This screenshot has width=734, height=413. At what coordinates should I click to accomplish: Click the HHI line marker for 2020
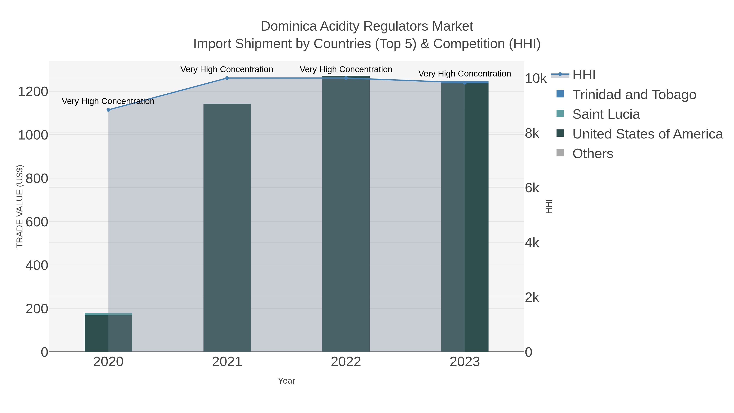(108, 110)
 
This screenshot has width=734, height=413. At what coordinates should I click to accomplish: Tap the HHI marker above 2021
(227, 78)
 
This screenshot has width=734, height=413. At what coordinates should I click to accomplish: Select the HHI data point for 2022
(346, 78)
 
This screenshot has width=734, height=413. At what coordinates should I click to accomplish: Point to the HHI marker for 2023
(465, 83)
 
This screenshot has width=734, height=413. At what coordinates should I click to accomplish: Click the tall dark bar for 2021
(227, 228)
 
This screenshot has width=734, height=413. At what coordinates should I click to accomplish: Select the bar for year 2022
(346, 214)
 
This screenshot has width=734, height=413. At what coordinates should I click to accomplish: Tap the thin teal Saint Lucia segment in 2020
(108, 314)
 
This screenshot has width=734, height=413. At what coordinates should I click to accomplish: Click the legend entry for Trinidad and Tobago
(634, 95)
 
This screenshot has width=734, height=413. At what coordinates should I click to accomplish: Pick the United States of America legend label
(647, 134)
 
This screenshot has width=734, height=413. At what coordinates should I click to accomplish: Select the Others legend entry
(593, 154)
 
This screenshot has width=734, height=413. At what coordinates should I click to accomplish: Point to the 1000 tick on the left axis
(33, 135)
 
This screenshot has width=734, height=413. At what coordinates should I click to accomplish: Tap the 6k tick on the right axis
(532, 188)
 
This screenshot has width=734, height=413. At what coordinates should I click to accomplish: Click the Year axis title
(286, 381)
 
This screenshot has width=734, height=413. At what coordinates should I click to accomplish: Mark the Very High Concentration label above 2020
(108, 101)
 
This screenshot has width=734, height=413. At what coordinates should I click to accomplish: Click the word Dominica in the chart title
(288, 26)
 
